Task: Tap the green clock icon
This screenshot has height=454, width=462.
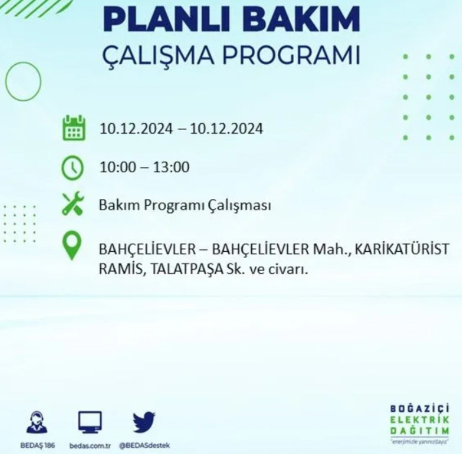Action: (x=73, y=167)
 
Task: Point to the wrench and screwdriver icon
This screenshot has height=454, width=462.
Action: (x=73, y=204)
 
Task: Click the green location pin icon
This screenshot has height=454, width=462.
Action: (x=72, y=247)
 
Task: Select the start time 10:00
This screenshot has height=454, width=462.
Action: (x=116, y=167)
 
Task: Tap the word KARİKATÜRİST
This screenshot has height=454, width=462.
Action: (x=405, y=248)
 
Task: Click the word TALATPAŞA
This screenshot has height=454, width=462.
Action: (x=189, y=270)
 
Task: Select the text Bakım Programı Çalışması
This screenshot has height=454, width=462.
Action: (x=185, y=206)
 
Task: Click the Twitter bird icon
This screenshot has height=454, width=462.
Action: (x=144, y=422)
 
